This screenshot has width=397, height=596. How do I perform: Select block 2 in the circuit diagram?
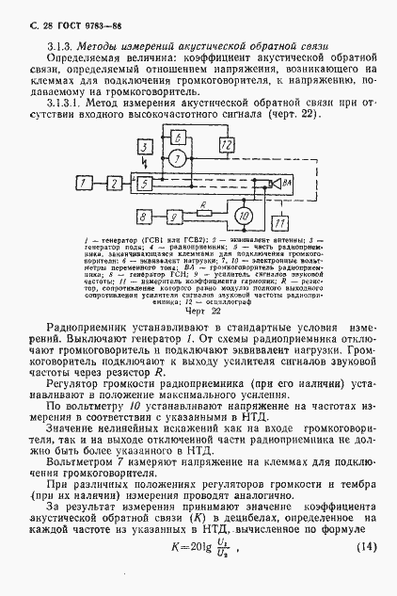click(113, 180)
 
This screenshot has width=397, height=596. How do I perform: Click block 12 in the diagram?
click(226, 144)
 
